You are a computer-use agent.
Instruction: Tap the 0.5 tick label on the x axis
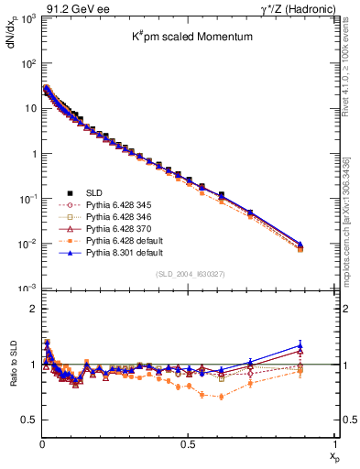coord(188,447)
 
